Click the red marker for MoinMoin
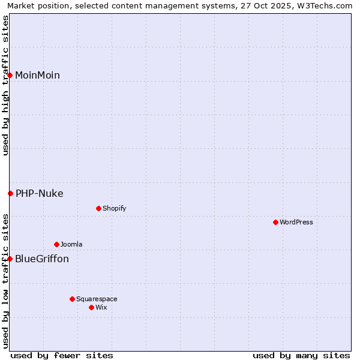pyautogui.click(x=10, y=75)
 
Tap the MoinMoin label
pyautogui.click(x=37, y=75)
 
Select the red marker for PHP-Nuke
pyautogui.click(x=10, y=193)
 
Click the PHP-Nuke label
pyautogui.click(x=39, y=193)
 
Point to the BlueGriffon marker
pyautogui.click(x=10, y=259)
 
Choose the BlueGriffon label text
pyautogui.click(x=42, y=259)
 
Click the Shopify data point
pyautogui.click(x=98, y=208)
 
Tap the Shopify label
pyautogui.click(x=114, y=208)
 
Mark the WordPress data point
pyautogui.click(x=275, y=222)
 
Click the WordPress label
pyautogui.click(x=296, y=222)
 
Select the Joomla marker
pyautogui.click(x=56, y=244)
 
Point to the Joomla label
pyautogui.click(x=71, y=244)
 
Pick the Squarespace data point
pyautogui.click(x=72, y=299)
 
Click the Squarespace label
pyautogui.click(x=97, y=299)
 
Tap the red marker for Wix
pyautogui.click(x=91, y=307)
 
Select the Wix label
pyautogui.click(x=101, y=307)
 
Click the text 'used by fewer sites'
pyautogui.click(x=62, y=355)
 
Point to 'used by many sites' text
pyautogui.click(x=301, y=355)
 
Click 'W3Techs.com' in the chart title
pyautogui.click(x=328, y=5)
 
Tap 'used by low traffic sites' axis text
pyautogui.click(x=5, y=280)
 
